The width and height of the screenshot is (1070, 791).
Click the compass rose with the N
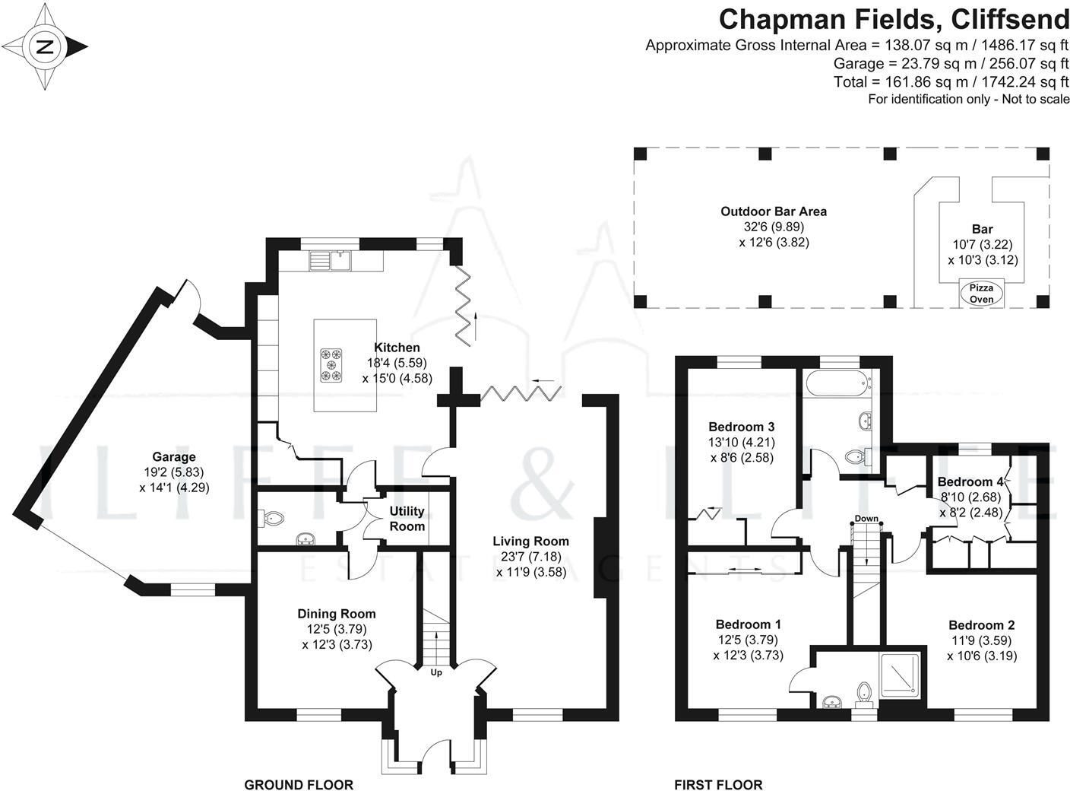click(x=45, y=47)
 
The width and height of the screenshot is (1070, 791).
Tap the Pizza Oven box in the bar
click(x=981, y=294)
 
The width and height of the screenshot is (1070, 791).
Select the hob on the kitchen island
click(x=331, y=364)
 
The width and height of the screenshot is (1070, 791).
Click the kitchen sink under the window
click(x=338, y=260)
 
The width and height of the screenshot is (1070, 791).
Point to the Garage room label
click(x=174, y=457)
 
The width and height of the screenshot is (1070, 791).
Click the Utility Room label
click(x=407, y=519)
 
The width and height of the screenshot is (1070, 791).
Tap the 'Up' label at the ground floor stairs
click(x=436, y=672)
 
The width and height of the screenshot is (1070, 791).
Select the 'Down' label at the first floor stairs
click(x=866, y=519)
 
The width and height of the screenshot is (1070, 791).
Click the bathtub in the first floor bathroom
click(x=836, y=383)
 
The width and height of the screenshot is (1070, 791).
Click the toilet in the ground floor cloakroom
click(x=272, y=519)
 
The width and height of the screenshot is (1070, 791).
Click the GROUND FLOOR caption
click(x=299, y=784)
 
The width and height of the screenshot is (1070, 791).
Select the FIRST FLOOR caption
click(x=718, y=784)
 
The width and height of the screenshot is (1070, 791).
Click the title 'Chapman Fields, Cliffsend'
click(x=894, y=18)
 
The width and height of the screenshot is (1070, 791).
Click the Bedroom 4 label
click(x=970, y=481)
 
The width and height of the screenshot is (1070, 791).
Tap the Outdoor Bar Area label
click(x=774, y=211)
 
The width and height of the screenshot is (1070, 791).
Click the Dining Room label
click(x=336, y=614)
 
